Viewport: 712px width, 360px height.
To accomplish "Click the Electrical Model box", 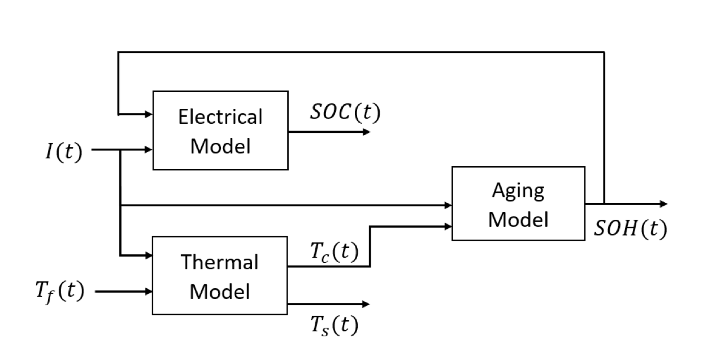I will pos(220,130).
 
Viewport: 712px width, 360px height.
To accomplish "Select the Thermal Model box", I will pos(220,276).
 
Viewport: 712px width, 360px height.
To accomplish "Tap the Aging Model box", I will pos(518,203).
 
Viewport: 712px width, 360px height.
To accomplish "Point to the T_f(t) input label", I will pos(58,292).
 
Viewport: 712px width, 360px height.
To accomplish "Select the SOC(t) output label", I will pos(345,112).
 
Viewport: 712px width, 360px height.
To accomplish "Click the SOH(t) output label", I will pos(631,228).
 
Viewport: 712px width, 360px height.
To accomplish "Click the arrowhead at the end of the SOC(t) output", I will pos(367,132).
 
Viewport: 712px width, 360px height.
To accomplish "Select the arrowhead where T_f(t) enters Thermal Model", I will pos(149,292).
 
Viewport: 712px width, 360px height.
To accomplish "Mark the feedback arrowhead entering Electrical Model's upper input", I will pos(149,114).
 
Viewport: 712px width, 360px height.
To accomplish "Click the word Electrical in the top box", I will pos(220,117).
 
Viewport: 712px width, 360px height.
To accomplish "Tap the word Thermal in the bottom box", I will pos(220,262).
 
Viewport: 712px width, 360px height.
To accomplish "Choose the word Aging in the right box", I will pos(518,190).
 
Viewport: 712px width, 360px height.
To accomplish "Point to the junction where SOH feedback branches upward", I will pos(605,203).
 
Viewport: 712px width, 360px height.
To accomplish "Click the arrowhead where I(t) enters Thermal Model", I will pos(149,255).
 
